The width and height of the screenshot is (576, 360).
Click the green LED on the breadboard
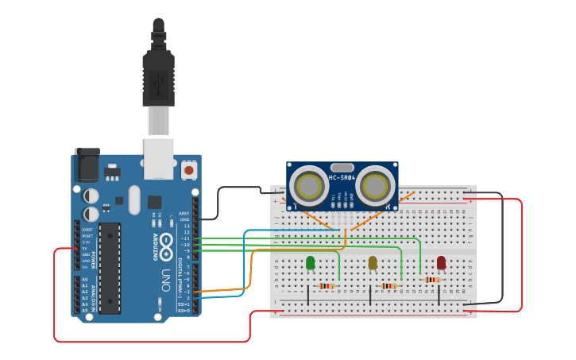[310, 262]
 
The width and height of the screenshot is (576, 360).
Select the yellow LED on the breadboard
[373, 262]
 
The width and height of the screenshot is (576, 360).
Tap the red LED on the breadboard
[441, 262]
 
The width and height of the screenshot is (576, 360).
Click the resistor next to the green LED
[327, 286]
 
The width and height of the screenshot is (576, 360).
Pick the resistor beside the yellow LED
[389, 286]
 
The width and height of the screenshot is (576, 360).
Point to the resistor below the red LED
[432, 280]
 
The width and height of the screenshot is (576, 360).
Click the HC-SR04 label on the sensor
[342, 178]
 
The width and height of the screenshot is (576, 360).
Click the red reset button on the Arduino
[189, 169]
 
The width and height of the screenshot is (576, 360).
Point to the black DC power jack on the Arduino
[87, 165]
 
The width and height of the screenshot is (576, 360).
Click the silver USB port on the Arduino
[158, 159]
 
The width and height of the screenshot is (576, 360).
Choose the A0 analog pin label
[85, 280]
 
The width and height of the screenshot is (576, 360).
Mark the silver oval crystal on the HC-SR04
[342, 165]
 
